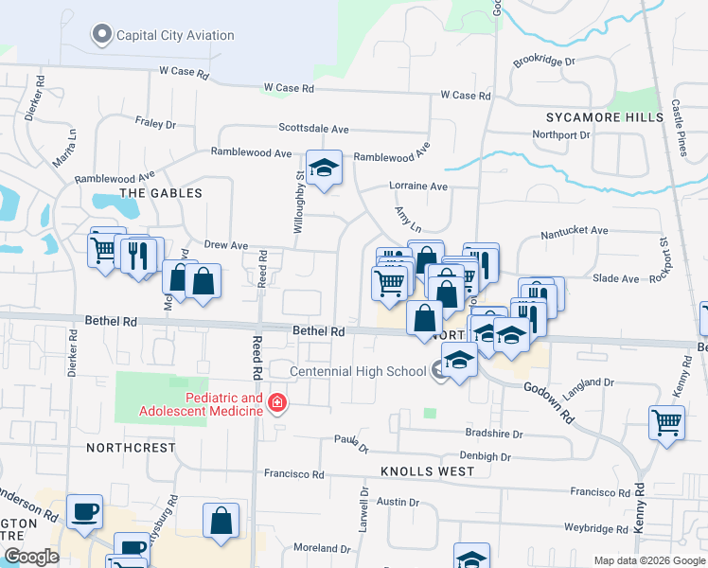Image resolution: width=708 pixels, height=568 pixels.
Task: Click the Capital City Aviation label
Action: (175, 36)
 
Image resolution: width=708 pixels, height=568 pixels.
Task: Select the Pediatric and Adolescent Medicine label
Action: (201, 404)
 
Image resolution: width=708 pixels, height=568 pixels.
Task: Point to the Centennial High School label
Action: (358, 371)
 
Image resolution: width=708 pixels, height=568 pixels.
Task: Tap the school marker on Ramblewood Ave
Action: (325, 169)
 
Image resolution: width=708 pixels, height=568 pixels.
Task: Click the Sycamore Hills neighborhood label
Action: (605, 117)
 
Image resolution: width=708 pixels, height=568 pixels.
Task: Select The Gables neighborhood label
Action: (161, 193)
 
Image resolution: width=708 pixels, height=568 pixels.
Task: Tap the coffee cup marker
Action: (85, 511)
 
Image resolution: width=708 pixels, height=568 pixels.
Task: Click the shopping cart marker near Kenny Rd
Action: (667, 422)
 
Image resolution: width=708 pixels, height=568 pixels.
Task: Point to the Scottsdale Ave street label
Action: (313, 129)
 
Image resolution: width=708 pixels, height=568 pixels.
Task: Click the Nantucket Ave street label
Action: (574, 230)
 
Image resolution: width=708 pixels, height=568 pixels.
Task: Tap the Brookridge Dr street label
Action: (544, 62)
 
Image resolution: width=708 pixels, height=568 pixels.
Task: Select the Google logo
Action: (31, 557)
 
